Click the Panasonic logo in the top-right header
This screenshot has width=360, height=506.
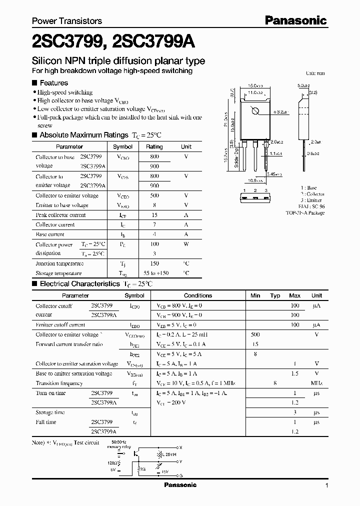point(295,20)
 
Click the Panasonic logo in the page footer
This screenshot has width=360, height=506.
point(180,485)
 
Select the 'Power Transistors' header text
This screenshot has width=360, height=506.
point(67,21)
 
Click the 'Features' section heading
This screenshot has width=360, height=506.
point(53,83)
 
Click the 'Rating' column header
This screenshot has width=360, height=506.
point(154,147)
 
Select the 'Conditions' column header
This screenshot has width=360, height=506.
point(198,295)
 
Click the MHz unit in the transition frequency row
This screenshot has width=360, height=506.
point(316,383)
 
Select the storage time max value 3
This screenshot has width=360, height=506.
point(295,412)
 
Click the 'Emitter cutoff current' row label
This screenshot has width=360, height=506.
point(60,325)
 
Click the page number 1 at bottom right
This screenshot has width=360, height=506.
point(326,485)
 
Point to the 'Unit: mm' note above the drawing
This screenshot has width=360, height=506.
point(315,73)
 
